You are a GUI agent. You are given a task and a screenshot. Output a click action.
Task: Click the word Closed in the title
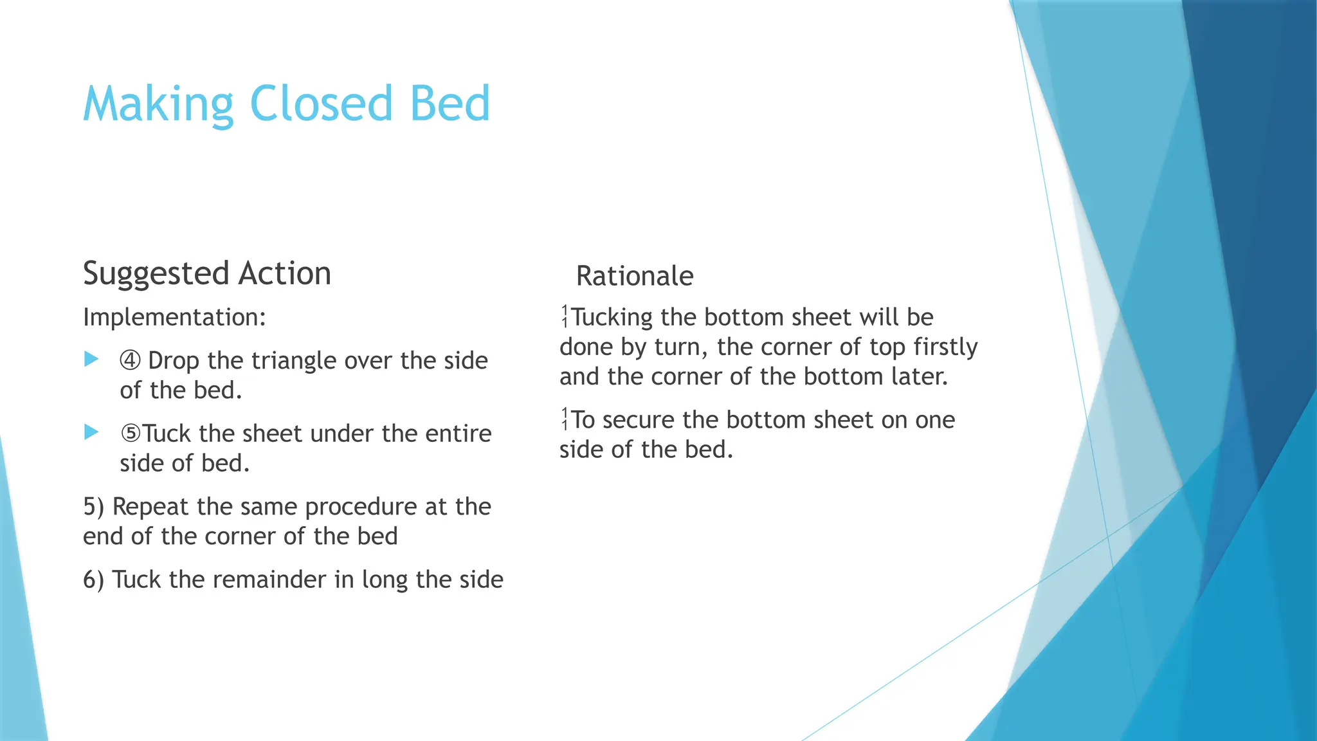320,104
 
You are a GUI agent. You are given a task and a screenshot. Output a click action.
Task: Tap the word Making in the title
158,105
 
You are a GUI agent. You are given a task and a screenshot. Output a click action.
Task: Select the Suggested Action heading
207,274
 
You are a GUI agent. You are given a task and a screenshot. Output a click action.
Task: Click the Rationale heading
635,277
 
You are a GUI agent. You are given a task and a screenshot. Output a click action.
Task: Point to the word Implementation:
174,318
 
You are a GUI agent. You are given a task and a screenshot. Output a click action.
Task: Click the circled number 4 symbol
130,360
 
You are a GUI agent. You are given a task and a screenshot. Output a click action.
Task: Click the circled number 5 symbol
131,434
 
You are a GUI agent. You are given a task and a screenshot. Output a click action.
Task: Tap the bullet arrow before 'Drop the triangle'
91,359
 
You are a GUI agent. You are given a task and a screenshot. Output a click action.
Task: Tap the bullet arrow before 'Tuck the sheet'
91,432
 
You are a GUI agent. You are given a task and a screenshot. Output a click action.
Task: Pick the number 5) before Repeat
94,507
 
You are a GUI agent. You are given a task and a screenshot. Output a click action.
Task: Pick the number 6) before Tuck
94,580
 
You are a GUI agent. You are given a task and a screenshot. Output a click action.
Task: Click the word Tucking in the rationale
612,318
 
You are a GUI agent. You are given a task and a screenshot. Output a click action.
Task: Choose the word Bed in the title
450,104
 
